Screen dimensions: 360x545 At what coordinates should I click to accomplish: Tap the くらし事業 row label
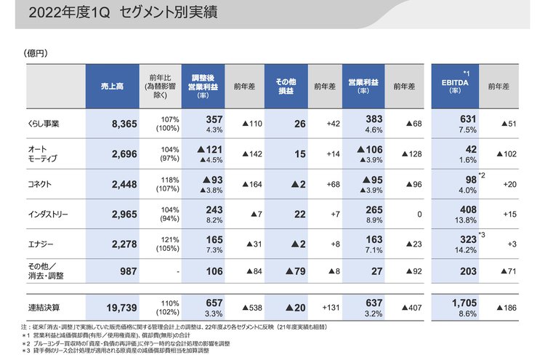point(46,124)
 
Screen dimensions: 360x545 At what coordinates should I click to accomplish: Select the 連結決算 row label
point(44,308)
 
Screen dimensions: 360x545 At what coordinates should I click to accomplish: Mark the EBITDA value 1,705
point(464,303)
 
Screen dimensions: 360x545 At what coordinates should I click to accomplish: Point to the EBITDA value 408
point(464,209)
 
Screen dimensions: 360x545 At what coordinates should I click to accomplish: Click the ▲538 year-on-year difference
point(251,308)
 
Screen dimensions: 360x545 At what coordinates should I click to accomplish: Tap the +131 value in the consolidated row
point(329,308)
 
